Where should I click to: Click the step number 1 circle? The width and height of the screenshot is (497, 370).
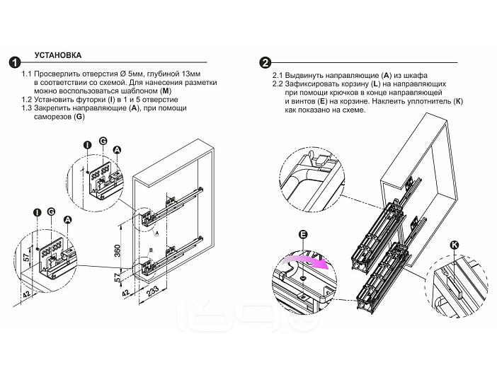tap(13, 62)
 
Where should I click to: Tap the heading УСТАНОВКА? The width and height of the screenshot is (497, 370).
tap(57, 54)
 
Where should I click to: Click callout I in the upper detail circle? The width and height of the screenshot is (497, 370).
tap(87, 145)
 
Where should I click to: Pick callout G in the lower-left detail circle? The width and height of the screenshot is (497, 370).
tap(51, 212)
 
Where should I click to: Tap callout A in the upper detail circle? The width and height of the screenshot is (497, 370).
tap(118, 149)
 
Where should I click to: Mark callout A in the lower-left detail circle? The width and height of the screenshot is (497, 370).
tap(68, 220)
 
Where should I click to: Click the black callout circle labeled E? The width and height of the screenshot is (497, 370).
tap(302, 234)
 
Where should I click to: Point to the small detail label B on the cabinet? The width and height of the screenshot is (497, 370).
tap(151, 250)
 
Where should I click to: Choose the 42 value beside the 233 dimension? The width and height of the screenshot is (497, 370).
tap(125, 291)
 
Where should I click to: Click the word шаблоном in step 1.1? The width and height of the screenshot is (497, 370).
tap(138, 91)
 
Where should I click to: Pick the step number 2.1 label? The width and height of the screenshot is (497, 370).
tap(278, 76)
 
